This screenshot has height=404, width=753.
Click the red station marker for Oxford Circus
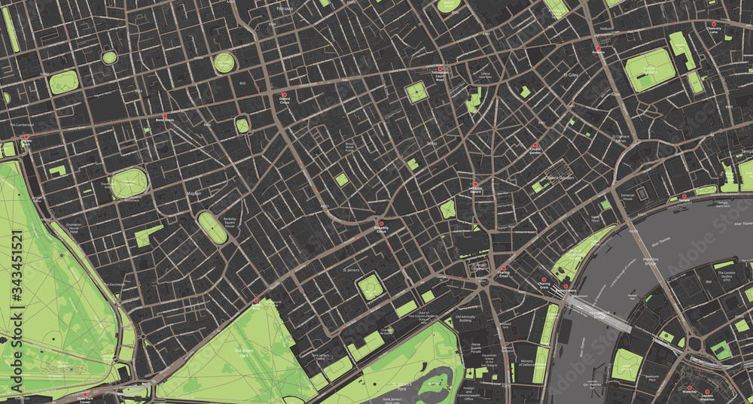285,95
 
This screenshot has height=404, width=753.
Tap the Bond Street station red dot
165,116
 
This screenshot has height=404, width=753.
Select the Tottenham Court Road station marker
440,68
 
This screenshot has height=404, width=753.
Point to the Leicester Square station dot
475,185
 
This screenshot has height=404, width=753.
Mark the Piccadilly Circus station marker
381,223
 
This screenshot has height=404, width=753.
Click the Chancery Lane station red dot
714,26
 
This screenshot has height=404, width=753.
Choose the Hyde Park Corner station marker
86,393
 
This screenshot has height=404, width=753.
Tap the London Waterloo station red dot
707,390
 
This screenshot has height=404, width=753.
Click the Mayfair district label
194,194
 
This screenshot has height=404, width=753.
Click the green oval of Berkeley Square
212,227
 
